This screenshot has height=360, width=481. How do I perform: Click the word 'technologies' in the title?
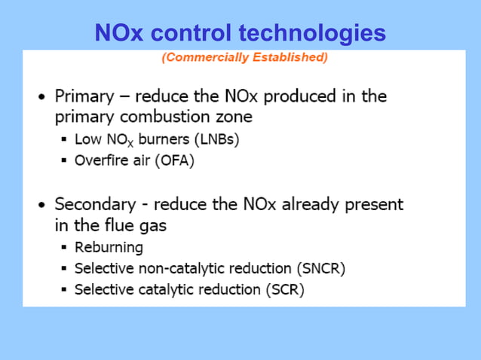pyautogui.click(x=312, y=33)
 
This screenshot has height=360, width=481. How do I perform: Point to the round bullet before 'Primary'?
pyautogui.click(x=42, y=97)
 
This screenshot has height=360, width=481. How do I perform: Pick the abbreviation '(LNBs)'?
pyautogui.click(x=216, y=140)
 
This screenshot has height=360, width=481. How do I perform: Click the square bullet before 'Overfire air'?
pyautogui.click(x=65, y=160)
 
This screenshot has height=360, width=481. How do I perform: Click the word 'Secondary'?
pyautogui.click(x=94, y=204)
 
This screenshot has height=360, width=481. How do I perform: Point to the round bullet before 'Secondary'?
pyautogui.click(x=42, y=205)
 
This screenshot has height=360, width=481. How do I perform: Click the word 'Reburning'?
pyautogui.click(x=109, y=247)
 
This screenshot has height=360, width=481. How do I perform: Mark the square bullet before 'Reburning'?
pyautogui.click(x=65, y=247)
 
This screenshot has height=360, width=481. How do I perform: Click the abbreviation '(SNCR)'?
pyautogui.click(x=319, y=268)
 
